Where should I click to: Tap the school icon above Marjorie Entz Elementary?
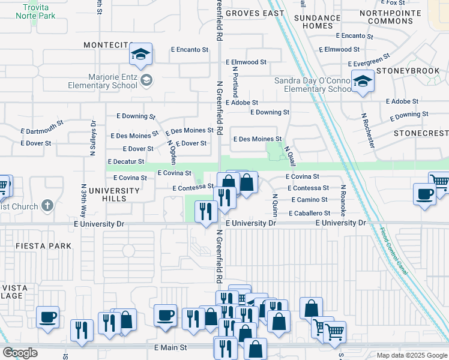pyautogui.click(x=140, y=55)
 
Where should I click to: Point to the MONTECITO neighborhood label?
pyautogui.click(x=108, y=45)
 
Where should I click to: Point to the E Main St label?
pyautogui.click(x=170, y=347)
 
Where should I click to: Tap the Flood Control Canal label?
pyautogui.click(x=394, y=251)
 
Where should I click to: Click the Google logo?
pyautogui.click(x=20, y=353)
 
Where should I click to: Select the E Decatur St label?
pyautogui.click(x=125, y=161)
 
